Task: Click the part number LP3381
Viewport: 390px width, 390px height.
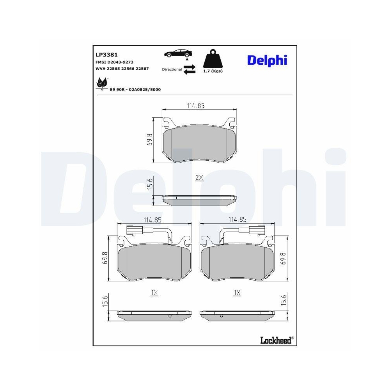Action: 106,55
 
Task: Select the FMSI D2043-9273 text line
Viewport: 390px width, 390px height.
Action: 114,62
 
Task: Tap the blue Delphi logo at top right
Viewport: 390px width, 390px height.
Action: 267,60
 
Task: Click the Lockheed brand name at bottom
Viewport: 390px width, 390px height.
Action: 275,340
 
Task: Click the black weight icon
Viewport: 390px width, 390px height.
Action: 213,59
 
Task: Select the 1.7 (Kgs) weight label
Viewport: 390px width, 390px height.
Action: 213,71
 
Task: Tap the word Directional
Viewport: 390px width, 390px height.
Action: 172,69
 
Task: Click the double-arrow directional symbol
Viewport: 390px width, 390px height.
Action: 190,69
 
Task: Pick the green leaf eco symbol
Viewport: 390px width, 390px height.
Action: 102,83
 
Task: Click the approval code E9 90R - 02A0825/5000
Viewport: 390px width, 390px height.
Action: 135,89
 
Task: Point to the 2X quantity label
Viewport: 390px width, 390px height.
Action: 199,177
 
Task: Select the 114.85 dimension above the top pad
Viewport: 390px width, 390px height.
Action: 195,105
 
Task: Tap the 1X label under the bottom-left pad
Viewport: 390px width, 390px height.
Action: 154,292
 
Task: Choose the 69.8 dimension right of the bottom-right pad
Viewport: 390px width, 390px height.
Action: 283,258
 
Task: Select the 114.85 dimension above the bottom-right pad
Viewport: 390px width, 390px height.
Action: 238,219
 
